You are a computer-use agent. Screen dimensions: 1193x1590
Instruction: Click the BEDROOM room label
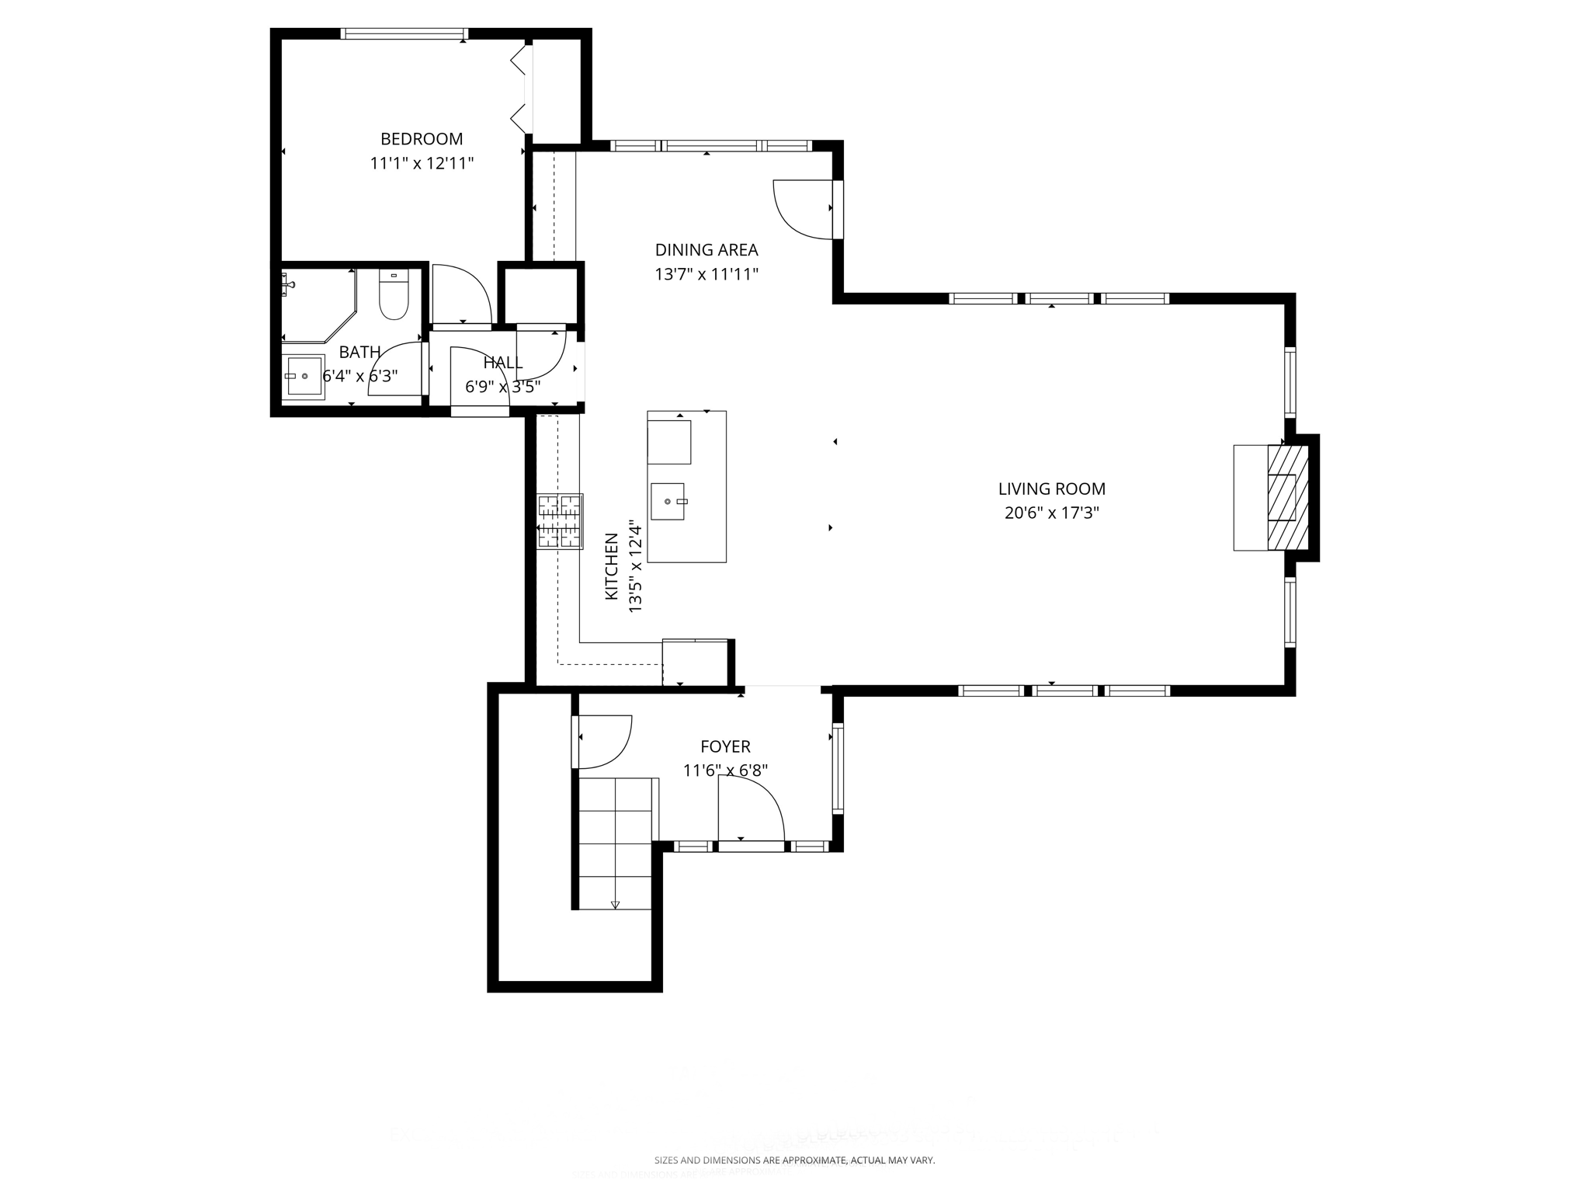coord(422,139)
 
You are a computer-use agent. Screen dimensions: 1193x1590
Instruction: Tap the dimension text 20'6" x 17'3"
coord(1052,513)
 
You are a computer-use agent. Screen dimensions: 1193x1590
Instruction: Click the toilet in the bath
coord(394,295)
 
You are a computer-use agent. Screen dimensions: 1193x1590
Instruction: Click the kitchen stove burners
coord(560,521)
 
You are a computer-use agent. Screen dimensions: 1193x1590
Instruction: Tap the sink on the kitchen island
coord(668,501)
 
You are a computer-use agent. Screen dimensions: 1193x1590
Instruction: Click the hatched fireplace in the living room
coord(1287,497)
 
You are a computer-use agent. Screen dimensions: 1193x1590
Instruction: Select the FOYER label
coord(725,746)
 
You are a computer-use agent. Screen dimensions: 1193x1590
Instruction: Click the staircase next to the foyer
coord(616,843)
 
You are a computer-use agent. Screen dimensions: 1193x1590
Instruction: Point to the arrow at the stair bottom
coord(616,904)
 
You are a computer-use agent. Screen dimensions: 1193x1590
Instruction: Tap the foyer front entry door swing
coord(750,808)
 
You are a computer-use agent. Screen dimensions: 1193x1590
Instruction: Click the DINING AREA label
coord(706,250)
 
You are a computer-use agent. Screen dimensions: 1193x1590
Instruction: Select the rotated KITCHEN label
coord(612,565)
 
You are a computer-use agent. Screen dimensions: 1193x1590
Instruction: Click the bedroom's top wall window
coord(404,33)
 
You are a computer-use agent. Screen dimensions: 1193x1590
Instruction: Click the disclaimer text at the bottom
coord(794,1160)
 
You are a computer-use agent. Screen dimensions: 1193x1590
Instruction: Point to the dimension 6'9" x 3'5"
coord(502,387)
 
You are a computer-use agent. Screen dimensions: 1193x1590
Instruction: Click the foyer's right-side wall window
coord(838,768)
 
